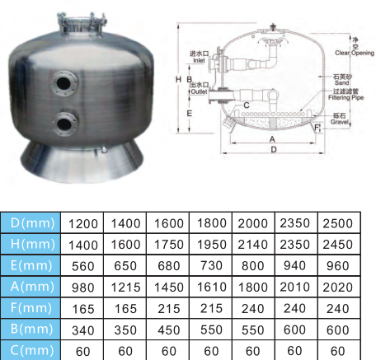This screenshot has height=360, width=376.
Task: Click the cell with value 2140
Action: coord(254,244)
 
